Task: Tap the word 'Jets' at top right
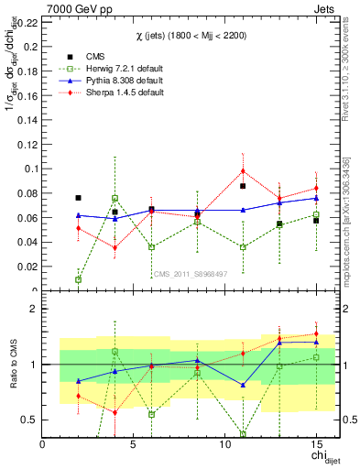pos(326,7)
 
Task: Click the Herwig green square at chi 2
pos(78,279)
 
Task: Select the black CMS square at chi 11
pos(243,186)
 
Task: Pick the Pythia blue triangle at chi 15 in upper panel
pos(316,198)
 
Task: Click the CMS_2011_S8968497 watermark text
pos(189,273)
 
